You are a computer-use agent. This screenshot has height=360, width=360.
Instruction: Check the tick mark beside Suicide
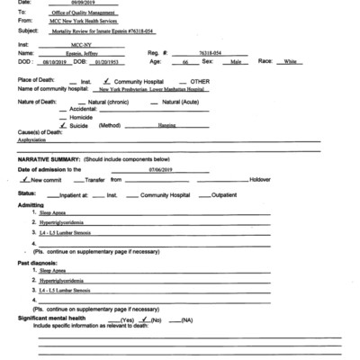[63, 124]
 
